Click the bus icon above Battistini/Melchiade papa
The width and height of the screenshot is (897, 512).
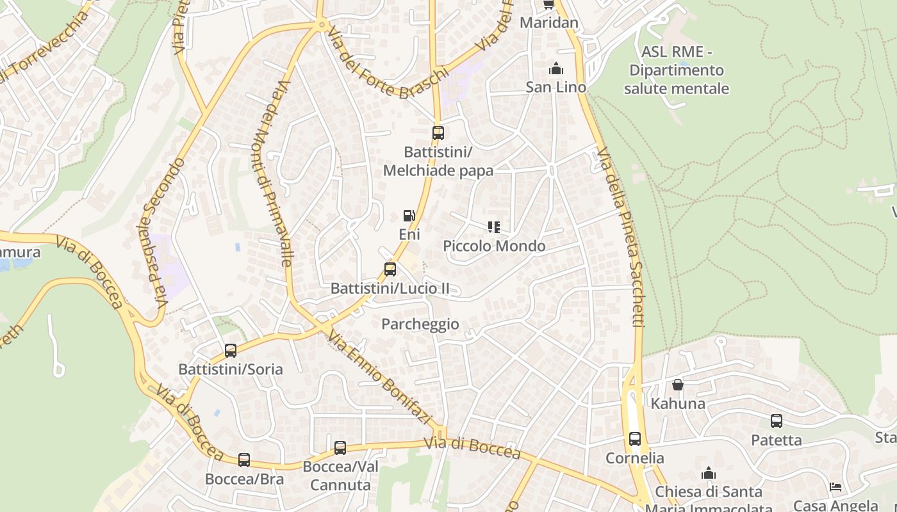[438, 133]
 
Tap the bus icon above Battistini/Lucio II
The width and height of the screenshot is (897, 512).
[390, 269]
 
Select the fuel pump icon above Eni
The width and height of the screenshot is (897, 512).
[409, 216]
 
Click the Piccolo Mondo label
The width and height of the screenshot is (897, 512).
[494, 246]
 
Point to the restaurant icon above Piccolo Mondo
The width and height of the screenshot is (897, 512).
[493, 227]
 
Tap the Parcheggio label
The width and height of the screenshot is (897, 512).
[420, 324]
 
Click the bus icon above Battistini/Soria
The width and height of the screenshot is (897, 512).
[231, 351]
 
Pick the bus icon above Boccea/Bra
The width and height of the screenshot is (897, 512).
[244, 460]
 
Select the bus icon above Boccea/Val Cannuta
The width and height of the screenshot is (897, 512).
[340, 448]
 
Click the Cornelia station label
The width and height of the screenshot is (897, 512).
[635, 458]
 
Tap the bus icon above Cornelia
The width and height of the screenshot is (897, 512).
[635, 439]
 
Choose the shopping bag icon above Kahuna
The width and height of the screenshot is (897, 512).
[678, 385]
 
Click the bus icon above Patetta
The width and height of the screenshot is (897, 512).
[777, 421]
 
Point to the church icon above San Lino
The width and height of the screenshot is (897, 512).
[556, 68]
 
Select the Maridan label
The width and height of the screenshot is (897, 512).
[549, 23]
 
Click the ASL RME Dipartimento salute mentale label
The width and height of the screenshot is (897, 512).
[677, 70]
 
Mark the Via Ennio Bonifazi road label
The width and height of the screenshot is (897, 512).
[379, 378]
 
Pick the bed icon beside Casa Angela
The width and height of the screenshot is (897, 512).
[835, 487]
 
